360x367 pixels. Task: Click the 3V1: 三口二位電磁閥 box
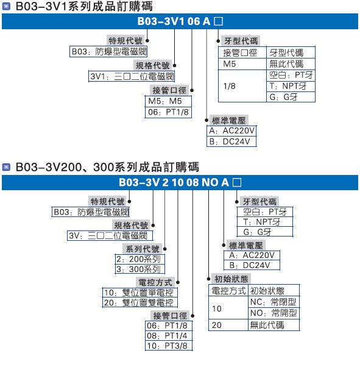pos(131,76)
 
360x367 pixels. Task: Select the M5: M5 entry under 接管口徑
pos(168,101)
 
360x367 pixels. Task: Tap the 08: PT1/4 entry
pos(169,336)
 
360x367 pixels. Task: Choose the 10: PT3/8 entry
pos(169,346)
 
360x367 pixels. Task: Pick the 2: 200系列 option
pos(139,259)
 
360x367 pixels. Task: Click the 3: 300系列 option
pos(139,269)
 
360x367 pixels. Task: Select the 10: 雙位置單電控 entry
pos(139,293)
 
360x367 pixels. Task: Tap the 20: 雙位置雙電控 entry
pos(139,302)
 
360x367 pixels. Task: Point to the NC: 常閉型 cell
pos(274,302)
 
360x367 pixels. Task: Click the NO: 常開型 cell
pos(274,313)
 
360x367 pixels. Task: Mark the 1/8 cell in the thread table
pos(242,86)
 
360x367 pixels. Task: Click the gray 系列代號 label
pos(143,249)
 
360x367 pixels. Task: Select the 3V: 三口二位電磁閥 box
pos(110,235)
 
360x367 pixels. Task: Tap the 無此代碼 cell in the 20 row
pos(274,325)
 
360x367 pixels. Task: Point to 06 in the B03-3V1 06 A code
pos(194,21)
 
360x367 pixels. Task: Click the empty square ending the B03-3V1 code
pos(219,21)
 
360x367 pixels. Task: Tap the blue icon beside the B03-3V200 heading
pos(6,168)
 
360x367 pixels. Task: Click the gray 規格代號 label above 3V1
pos(152,65)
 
